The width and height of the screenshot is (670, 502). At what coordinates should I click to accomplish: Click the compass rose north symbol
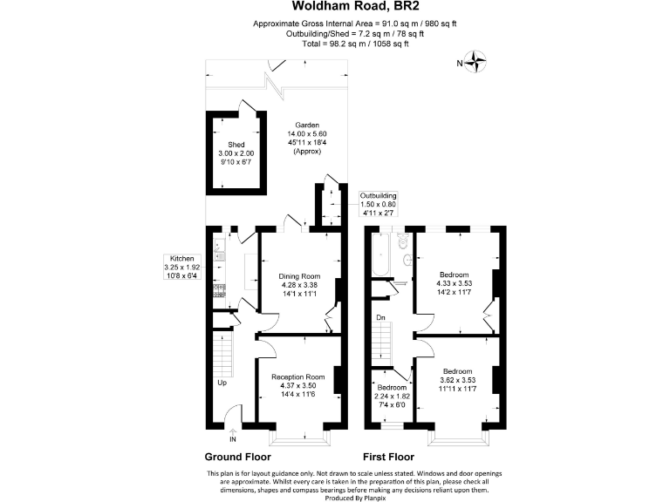pyautogui.click(x=475, y=62)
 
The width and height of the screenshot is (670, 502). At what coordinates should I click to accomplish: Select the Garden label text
pyautogui.click(x=306, y=125)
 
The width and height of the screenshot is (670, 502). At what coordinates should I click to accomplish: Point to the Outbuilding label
pyautogui.click(x=379, y=195)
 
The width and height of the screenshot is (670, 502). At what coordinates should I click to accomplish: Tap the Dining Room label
pyautogui.click(x=299, y=275)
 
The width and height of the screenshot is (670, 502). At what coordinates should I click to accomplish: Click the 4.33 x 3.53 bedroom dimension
pyautogui.click(x=454, y=284)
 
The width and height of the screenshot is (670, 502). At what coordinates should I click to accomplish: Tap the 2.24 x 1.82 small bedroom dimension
pyautogui.click(x=392, y=397)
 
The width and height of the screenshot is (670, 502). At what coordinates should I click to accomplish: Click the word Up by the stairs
pyautogui.click(x=223, y=383)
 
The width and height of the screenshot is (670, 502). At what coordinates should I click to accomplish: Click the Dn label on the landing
pyautogui.click(x=380, y=317)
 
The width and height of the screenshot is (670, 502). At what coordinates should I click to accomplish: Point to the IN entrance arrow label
pyautogui.click(x=232, y=438)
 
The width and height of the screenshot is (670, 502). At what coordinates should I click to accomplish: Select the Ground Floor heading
pyautogui.click(x=237, y=457)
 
